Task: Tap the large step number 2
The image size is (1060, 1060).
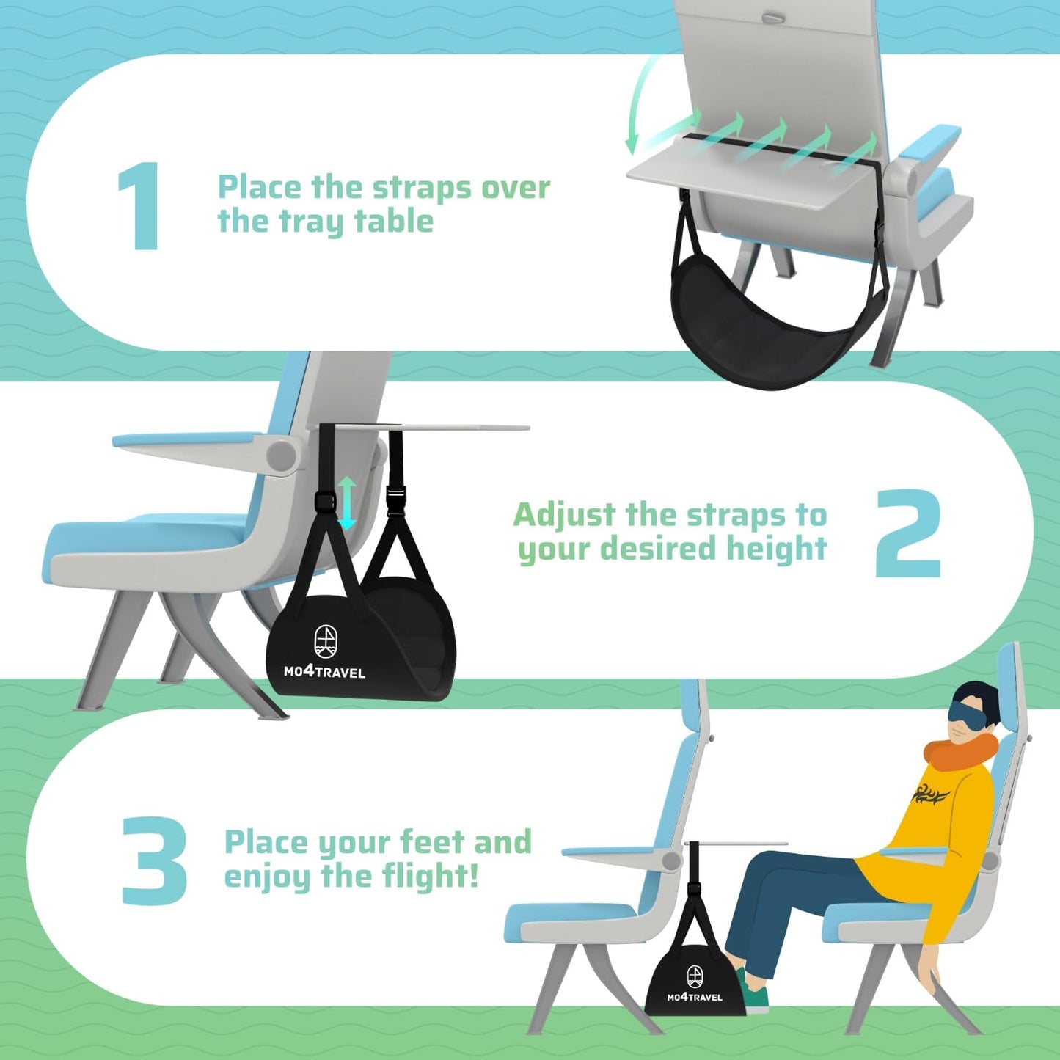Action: click(907, 533)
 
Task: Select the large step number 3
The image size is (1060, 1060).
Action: click(154, 860)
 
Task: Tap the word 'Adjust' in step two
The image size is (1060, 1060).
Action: click(564, 516)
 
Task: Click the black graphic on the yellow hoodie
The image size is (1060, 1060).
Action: click(932, 794)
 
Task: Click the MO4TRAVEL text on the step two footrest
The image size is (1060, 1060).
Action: click(324, 671)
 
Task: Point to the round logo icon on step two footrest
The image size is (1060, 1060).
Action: click(326, 641)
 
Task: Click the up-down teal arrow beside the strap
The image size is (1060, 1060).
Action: click(347, 502)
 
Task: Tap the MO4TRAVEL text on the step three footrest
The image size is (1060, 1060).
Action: click(694, 997)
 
